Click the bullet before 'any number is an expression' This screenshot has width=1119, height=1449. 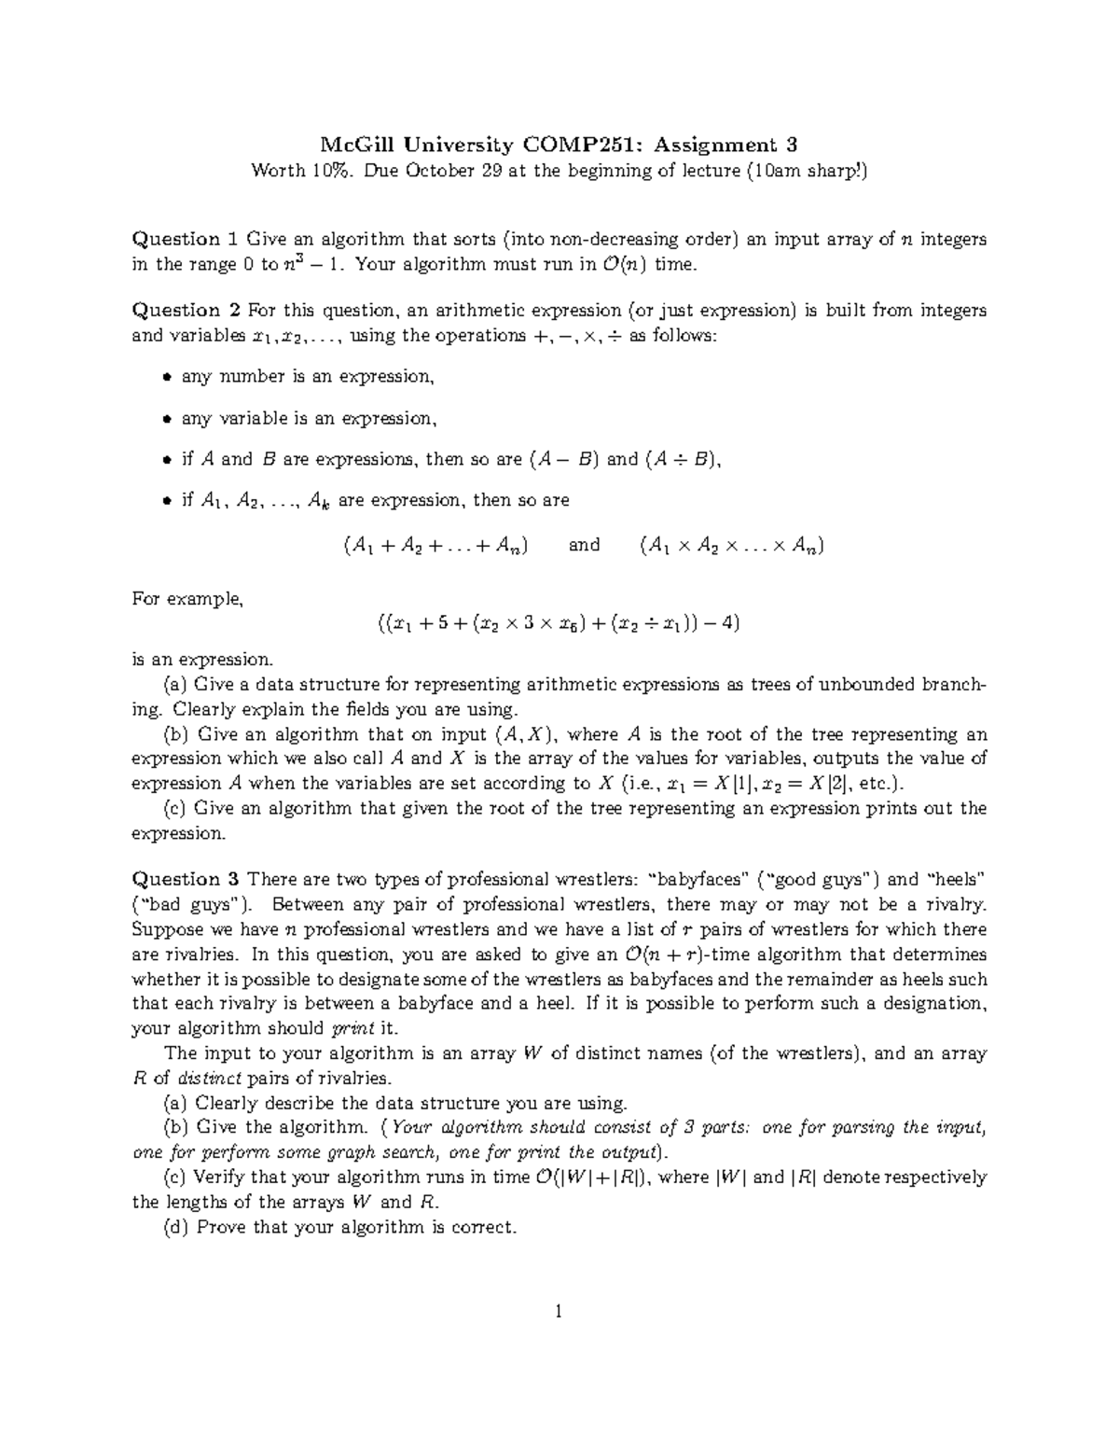(166, 378)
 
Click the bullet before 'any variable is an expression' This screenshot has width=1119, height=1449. (166, 419)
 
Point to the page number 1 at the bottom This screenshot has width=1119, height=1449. (559, 1313)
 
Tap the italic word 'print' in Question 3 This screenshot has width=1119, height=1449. (351, 1028)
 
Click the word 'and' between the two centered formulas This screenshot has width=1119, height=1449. (584, 545)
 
